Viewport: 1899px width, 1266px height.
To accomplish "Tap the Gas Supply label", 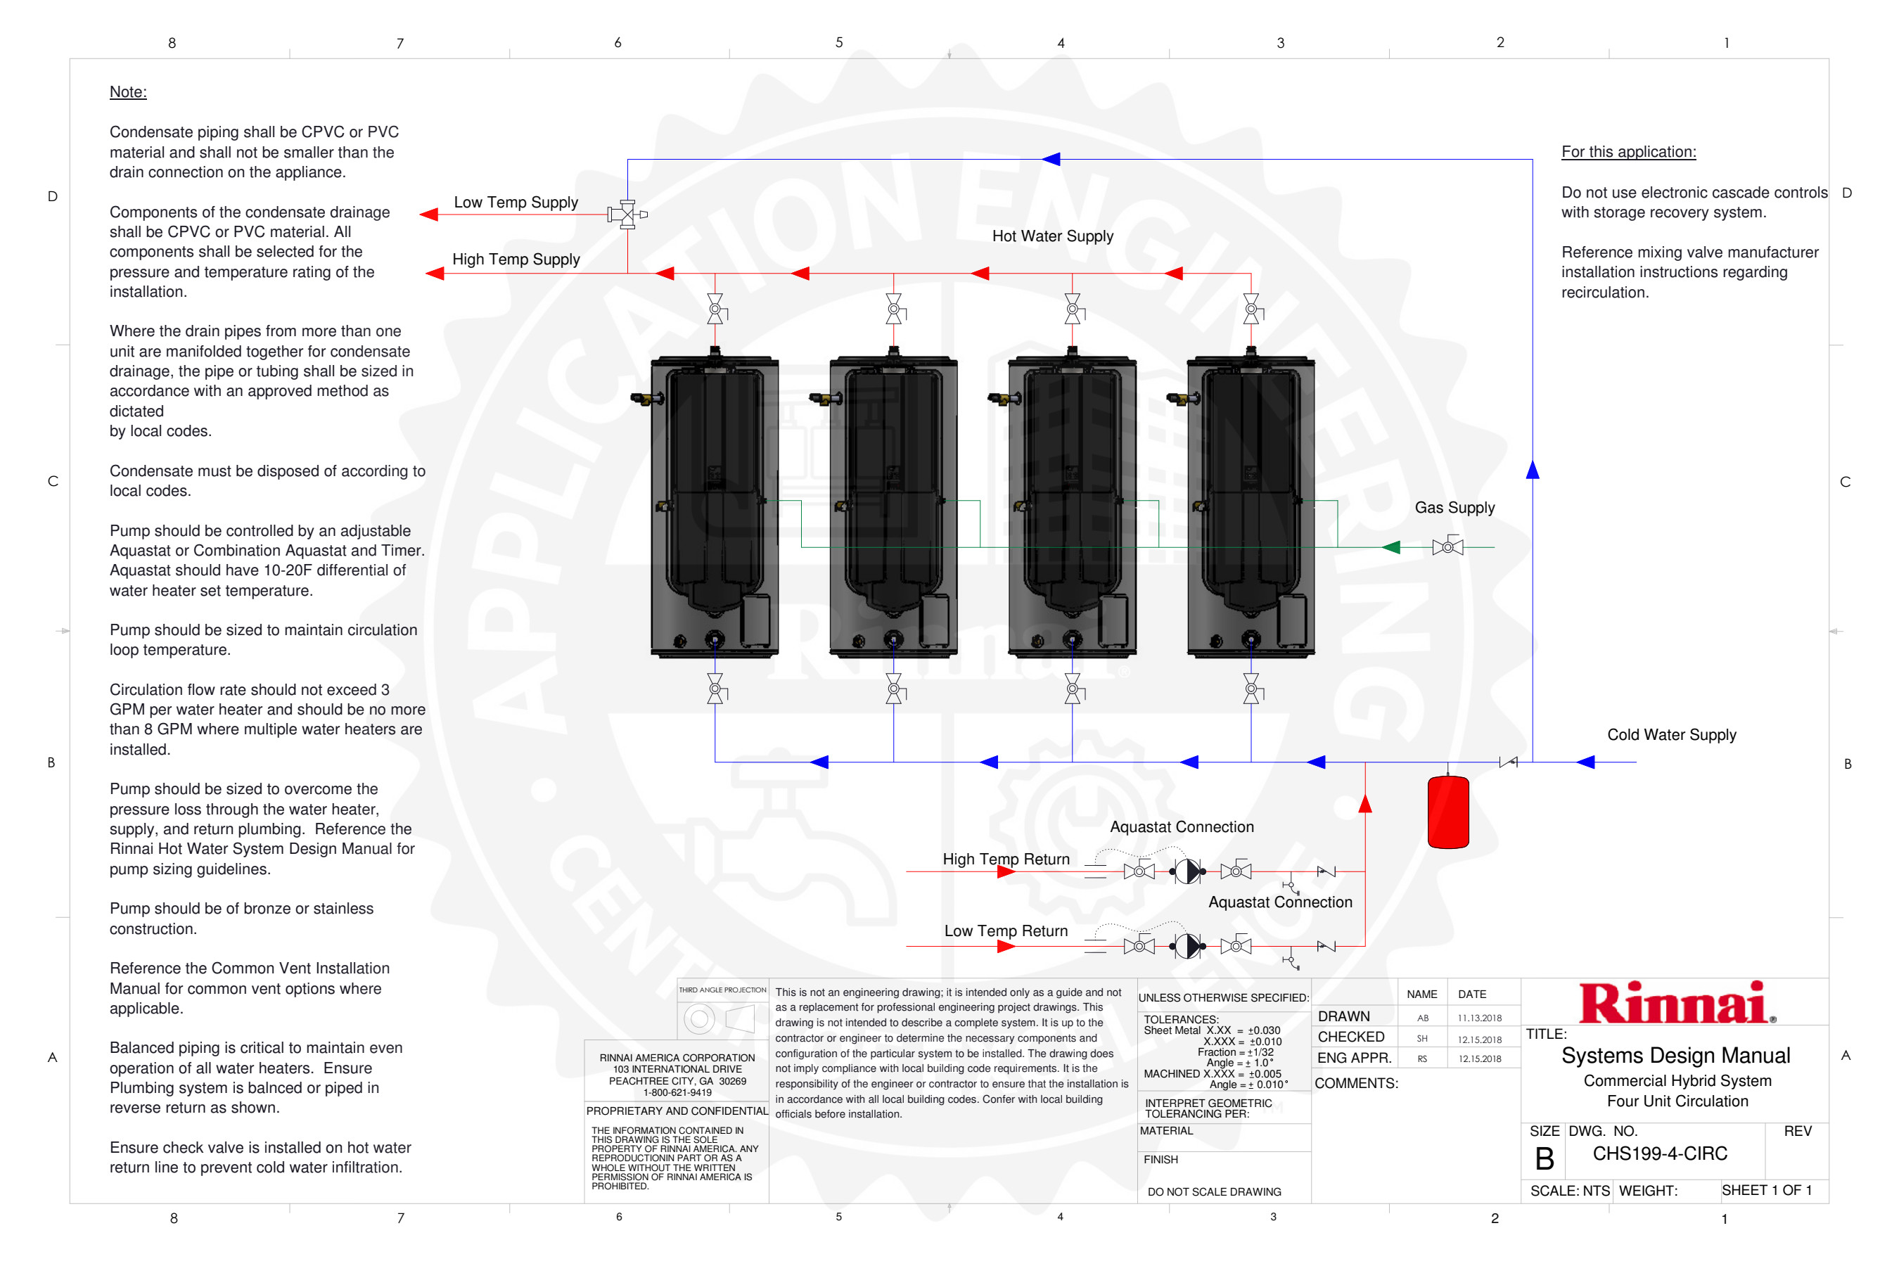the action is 1454,508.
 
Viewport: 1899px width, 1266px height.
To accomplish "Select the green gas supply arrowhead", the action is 1390,547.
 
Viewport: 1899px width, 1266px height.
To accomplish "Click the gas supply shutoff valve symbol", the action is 1447,546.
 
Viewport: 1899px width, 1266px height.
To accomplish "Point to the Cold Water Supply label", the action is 1671,735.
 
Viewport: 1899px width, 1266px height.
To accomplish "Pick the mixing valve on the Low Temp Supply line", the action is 627,215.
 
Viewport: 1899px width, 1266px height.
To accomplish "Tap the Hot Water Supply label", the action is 1053,236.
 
